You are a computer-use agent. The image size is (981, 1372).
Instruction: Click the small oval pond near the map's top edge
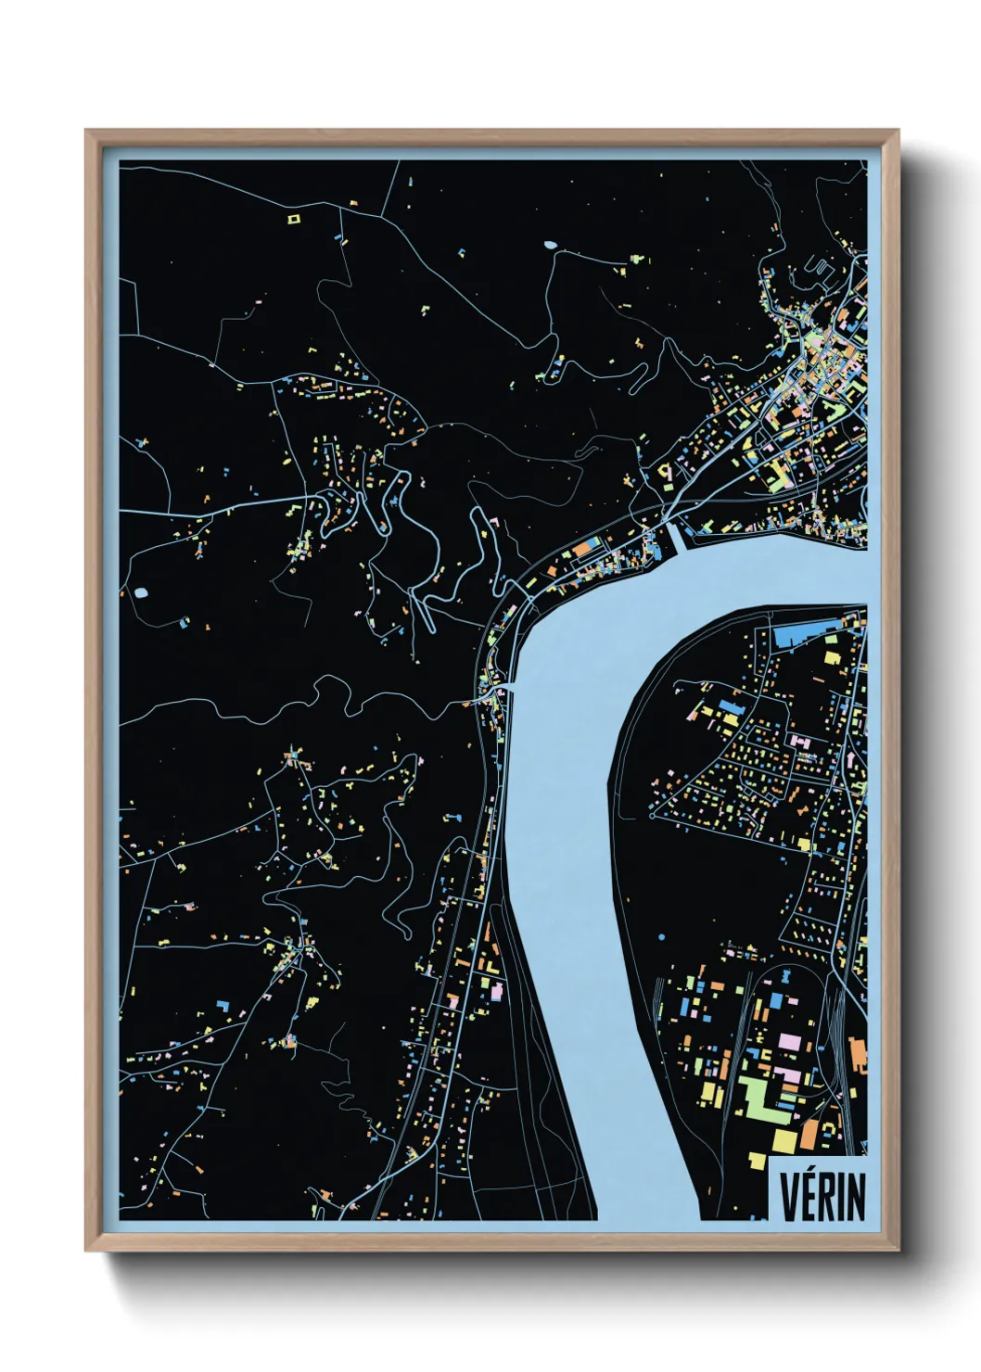coord(551,246)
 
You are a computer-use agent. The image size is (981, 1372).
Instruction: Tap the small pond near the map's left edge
coord(141,591)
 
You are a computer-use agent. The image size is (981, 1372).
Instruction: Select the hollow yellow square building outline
coord(294,220)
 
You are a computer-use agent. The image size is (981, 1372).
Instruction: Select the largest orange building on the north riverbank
coord(580,550)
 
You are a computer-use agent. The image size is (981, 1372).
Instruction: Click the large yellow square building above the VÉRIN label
coord(784,1139)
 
